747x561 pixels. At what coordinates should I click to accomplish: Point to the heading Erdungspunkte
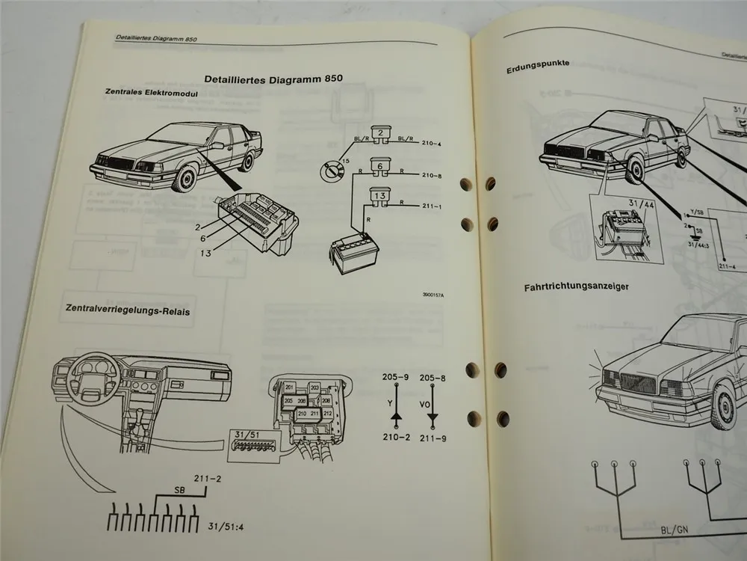[537, 64]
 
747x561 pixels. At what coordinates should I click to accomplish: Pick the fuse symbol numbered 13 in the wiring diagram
[379, 197]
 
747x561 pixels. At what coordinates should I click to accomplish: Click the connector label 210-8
[432, 177]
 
